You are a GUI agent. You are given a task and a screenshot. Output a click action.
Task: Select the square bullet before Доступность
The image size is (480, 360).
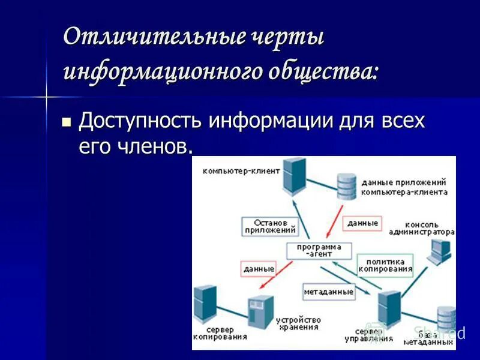tap(67, 122)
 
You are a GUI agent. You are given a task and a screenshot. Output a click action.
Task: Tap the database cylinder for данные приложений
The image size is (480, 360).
tap(346, 185)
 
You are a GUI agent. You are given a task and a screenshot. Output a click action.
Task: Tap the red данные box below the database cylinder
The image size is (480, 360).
tap(362, 223)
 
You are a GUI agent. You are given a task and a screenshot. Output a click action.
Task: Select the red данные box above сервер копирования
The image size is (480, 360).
tap(259, 269)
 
